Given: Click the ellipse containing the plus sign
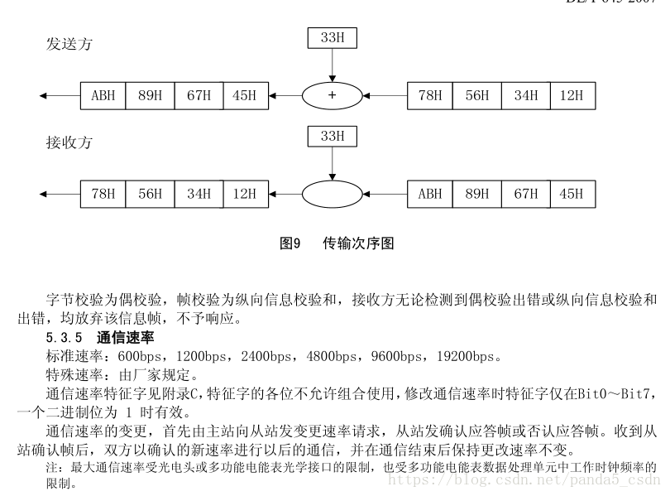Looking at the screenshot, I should pyautogui.click(x=332, y=96).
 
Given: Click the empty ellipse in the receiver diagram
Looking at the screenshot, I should pyautogui.click(x=332, y=195).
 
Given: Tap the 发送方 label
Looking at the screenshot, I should pyautogui.click(x=69, y=44).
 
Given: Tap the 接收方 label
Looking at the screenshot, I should pyautogui.click(x=69, y=143).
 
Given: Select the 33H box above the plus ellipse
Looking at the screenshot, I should pyautogui.click(x=332, y=37).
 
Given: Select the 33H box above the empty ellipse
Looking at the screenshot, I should pyautogui.click(x=332, y=136).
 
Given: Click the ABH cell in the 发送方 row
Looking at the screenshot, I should pyautogui.click(x=103, y=96).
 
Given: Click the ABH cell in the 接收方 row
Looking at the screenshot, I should pyautogui.click(x=430, y=195).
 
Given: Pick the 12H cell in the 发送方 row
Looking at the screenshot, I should pyautogui.click(x=572, y=96).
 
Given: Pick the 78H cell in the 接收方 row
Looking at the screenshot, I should pyautogui.click(x=103, y=195).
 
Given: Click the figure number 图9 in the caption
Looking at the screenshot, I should pyautogui.click(x=289, y=243).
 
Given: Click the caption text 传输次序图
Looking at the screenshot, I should pyautogui.click(x=357, y=243).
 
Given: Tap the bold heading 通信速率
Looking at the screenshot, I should pyautogui.click(x=125, y=338).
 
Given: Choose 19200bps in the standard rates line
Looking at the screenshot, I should pyautogui.click(x=464, y=356).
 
